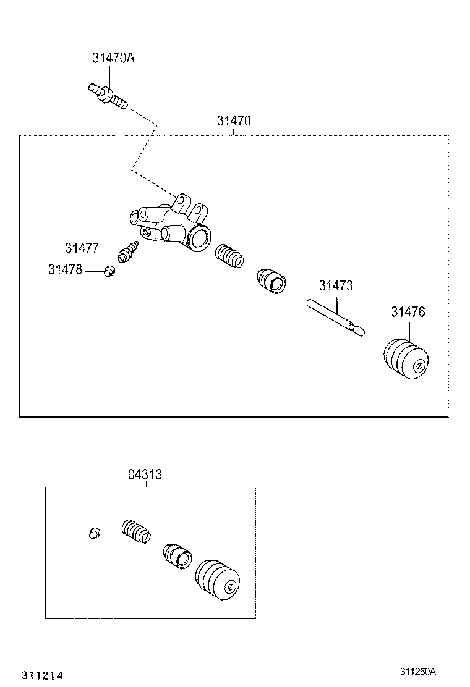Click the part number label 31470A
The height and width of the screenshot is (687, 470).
[113, 58]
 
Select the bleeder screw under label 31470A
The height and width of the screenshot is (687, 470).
[108, 95]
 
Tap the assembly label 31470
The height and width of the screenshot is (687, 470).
[234, 121]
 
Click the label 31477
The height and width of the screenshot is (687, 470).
[82, 248]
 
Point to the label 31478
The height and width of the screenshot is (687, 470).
[65, 270]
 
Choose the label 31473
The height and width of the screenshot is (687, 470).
[336, 286]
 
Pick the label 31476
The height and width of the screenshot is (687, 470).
[408, 313]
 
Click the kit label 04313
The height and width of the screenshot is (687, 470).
[145, 474]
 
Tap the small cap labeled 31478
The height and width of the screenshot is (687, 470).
[109, 271]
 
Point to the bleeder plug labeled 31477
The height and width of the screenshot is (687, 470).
[130, 251]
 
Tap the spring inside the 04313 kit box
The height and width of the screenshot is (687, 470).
[135, 531]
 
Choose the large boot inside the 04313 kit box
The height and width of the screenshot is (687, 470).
[218, 580]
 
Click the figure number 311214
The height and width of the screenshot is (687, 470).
[43, 675]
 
